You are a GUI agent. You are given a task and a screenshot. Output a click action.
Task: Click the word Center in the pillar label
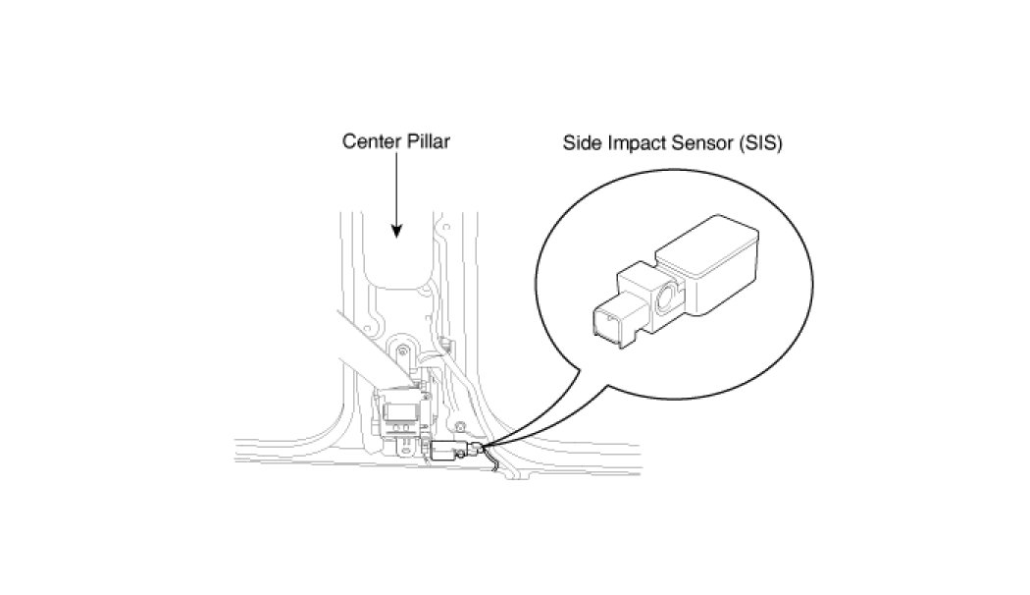[x=367, y=141]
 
